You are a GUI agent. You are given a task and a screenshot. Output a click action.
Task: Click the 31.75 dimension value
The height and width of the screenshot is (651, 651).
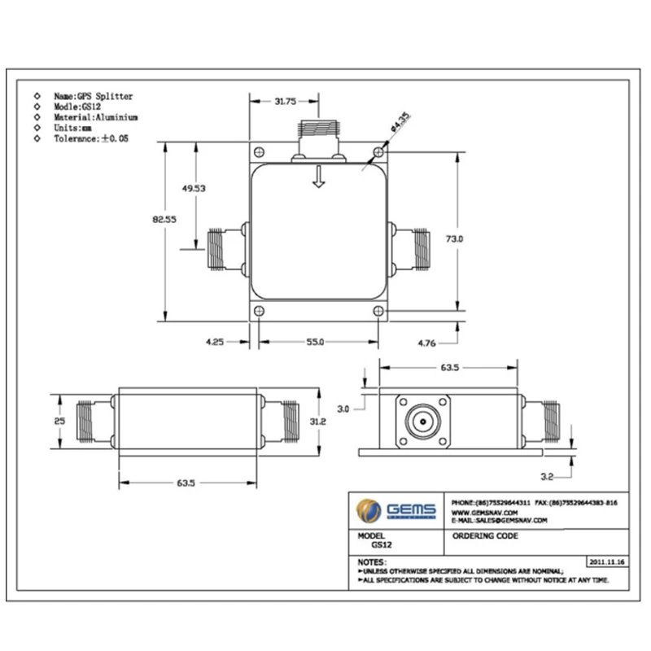click(x=285, y=102)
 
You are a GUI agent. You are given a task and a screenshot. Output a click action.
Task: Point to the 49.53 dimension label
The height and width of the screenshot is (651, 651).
click(x=194, y=188)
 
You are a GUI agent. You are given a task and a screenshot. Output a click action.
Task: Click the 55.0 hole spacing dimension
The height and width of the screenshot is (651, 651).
click(x=315, y=343)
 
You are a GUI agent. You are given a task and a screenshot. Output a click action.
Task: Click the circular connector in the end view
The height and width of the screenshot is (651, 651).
click(x=424, y=423)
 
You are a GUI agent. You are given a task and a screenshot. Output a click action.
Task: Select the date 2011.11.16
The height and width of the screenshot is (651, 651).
click(x=607, y=561)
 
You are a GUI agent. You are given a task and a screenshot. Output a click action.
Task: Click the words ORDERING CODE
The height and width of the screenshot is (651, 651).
click(x=485, y=536)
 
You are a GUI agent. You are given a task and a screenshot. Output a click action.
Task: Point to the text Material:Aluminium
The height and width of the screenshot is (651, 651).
click(x=96, y=117)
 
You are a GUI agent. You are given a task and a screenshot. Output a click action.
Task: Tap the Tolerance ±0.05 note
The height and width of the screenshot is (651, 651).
click(x=91, y=139)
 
